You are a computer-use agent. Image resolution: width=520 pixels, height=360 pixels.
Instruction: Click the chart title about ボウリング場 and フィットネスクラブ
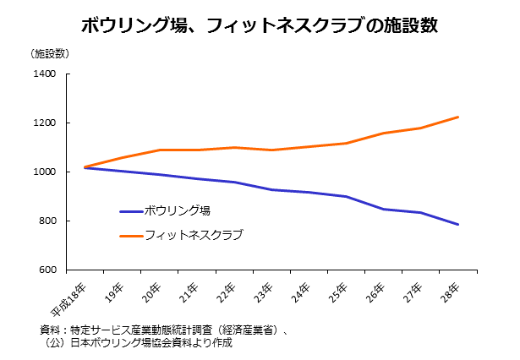260,25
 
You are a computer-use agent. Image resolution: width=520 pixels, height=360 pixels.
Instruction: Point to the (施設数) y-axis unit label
50,54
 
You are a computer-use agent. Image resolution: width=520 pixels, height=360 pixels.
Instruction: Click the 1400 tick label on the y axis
45,74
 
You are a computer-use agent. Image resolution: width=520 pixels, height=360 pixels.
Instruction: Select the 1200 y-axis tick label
45,123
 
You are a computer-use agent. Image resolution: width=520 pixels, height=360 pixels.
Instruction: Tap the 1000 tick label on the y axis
45,172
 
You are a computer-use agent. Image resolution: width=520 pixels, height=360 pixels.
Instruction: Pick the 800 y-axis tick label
47,221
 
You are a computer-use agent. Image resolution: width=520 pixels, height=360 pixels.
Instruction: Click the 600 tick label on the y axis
47,270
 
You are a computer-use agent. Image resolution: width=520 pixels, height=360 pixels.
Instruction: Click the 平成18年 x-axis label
68,299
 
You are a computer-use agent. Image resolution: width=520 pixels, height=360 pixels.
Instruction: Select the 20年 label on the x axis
151,293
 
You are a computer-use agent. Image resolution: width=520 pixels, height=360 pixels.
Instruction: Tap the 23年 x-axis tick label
263,293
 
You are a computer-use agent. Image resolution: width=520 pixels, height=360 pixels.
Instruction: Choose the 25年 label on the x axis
337,293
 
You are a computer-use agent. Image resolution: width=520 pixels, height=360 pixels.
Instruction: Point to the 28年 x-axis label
449,293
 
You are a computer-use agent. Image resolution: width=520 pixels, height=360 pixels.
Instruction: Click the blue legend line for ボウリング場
131,211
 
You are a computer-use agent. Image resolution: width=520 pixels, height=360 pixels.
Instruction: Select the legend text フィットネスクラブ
194,235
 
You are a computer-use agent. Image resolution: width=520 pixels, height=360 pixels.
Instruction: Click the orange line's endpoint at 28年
458,117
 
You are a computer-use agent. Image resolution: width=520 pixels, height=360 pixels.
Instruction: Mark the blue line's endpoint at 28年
458,225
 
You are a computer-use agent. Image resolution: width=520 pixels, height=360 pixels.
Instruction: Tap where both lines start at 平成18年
85,167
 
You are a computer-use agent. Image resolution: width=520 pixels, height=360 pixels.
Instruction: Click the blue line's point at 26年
383,210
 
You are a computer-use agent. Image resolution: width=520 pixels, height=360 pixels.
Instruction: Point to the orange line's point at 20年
160,150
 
